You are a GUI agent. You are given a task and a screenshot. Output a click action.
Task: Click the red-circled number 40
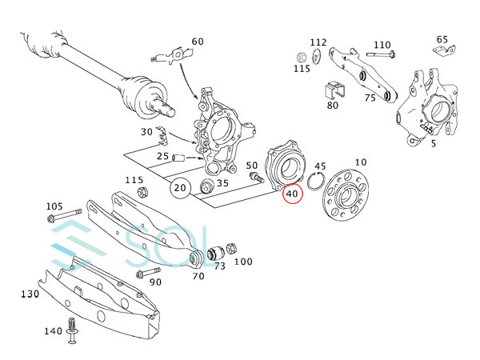[x=291, y=193]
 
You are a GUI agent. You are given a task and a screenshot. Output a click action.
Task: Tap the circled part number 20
[x=181, y=189]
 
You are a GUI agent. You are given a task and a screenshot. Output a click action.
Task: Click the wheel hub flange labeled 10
[x=344, y=198]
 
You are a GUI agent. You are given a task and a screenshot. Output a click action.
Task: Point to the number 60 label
[x=198, y=42]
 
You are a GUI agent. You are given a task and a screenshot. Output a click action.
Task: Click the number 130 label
[x=30, y=294]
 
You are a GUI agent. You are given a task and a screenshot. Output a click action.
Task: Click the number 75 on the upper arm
[x=370, y=98]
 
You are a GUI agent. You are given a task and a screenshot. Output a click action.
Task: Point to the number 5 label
[x=433, y=144]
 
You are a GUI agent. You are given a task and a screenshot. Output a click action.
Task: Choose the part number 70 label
[x=198, y=276]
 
